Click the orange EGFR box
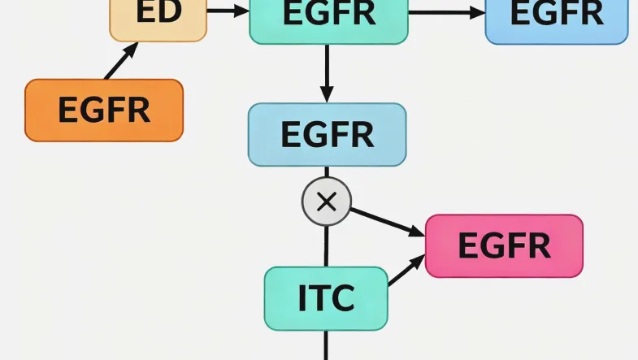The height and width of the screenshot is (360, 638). coord(104,110)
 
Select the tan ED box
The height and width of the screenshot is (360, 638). coord(158,16)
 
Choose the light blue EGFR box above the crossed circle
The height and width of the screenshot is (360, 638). coord(327,135)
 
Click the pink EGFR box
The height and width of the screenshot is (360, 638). coord(504,245)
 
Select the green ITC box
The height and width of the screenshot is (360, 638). coord(326,298)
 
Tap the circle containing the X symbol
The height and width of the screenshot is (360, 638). coord(326,201)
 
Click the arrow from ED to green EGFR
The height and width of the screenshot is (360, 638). coord(228,11)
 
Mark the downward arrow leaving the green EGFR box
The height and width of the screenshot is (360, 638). coord(327,73)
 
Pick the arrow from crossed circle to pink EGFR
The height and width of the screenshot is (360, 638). coord(387,221)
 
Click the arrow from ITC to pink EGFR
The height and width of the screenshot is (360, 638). coord(406,271)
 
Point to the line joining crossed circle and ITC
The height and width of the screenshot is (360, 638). coord(326,245)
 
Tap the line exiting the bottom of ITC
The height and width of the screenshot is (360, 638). coord(326,345)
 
